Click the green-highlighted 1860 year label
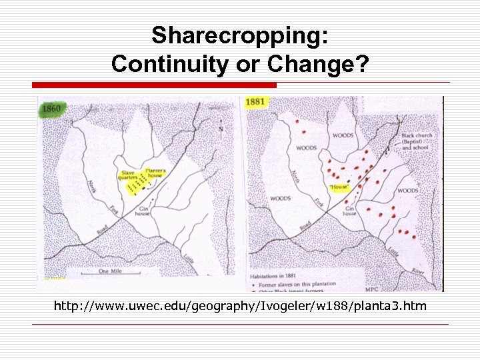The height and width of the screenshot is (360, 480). (x=51, y=108)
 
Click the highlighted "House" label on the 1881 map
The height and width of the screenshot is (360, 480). (x=339, y=187)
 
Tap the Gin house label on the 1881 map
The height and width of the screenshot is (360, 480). (x=350, y=211)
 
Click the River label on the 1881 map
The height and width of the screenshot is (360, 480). (x=417, y=271)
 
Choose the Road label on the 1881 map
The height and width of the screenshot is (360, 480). (x=304, y=227)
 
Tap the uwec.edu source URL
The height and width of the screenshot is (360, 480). (x=240, y=307)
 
